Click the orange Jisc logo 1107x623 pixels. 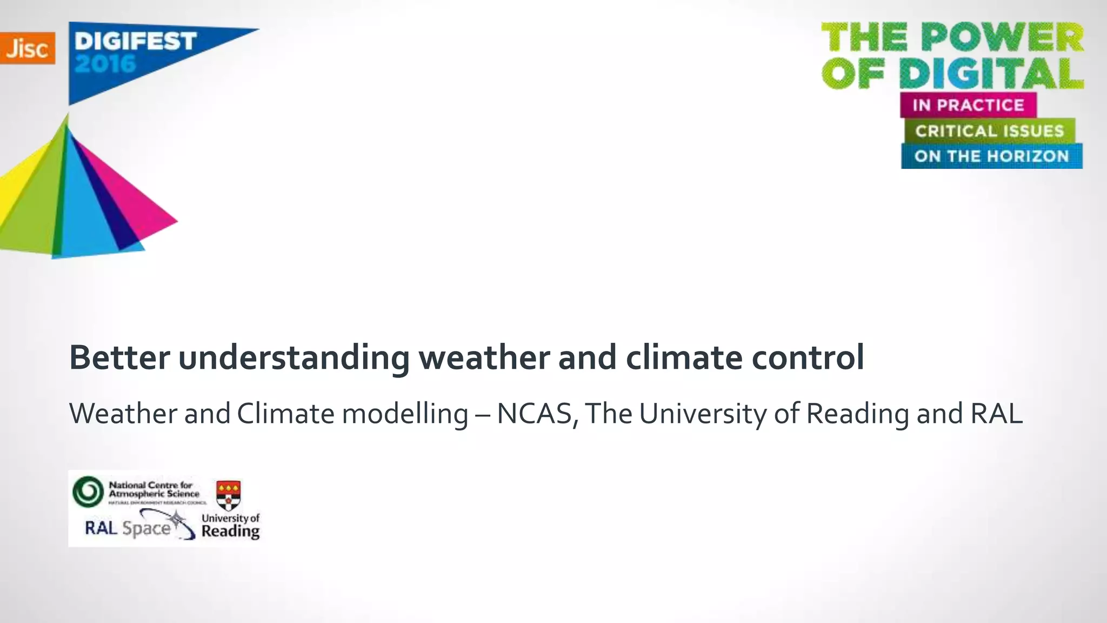click(x=27, y=48)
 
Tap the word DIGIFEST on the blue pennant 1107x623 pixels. click(x=135, y=42)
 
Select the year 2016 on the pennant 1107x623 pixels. click(x=105, y=64)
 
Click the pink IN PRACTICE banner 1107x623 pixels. click(x=968, y=105)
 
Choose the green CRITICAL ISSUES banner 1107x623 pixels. click(x=989, y=131)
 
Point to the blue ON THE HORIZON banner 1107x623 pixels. click(x=991, y=156)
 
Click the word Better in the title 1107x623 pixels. click(x=119, y=357)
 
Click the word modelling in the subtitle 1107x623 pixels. click(x=405, y=414)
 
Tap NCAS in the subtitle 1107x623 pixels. click(x=534, y=414)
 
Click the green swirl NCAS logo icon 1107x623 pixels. click(x=88, y=492)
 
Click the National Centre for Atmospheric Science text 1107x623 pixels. click(x=154, y=489)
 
